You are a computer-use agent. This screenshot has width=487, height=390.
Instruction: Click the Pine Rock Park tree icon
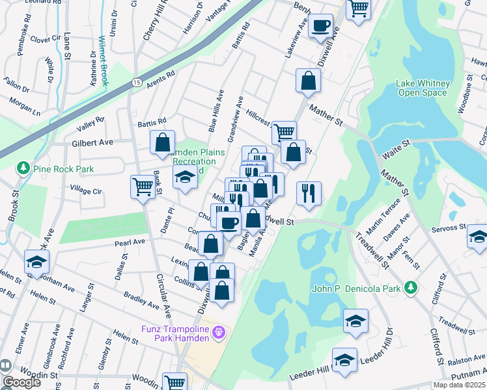[23, 169]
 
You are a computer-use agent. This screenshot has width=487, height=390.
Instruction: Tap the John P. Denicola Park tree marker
[410, 287]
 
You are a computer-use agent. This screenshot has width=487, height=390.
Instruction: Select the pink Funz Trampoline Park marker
[219, 332]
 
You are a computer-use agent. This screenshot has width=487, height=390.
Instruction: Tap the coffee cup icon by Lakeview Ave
[320, 26]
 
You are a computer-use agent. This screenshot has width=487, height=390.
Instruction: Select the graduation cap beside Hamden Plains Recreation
[185, 177]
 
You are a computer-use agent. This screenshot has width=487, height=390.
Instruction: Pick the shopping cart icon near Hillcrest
[284, 133]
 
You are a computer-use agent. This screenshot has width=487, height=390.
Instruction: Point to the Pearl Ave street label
[129, 242]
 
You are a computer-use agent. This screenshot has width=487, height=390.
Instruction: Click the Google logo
[21, 382]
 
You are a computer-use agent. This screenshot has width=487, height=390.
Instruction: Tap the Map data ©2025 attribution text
[458, 385]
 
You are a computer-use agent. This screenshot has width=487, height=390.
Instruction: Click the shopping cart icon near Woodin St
[174, 382]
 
